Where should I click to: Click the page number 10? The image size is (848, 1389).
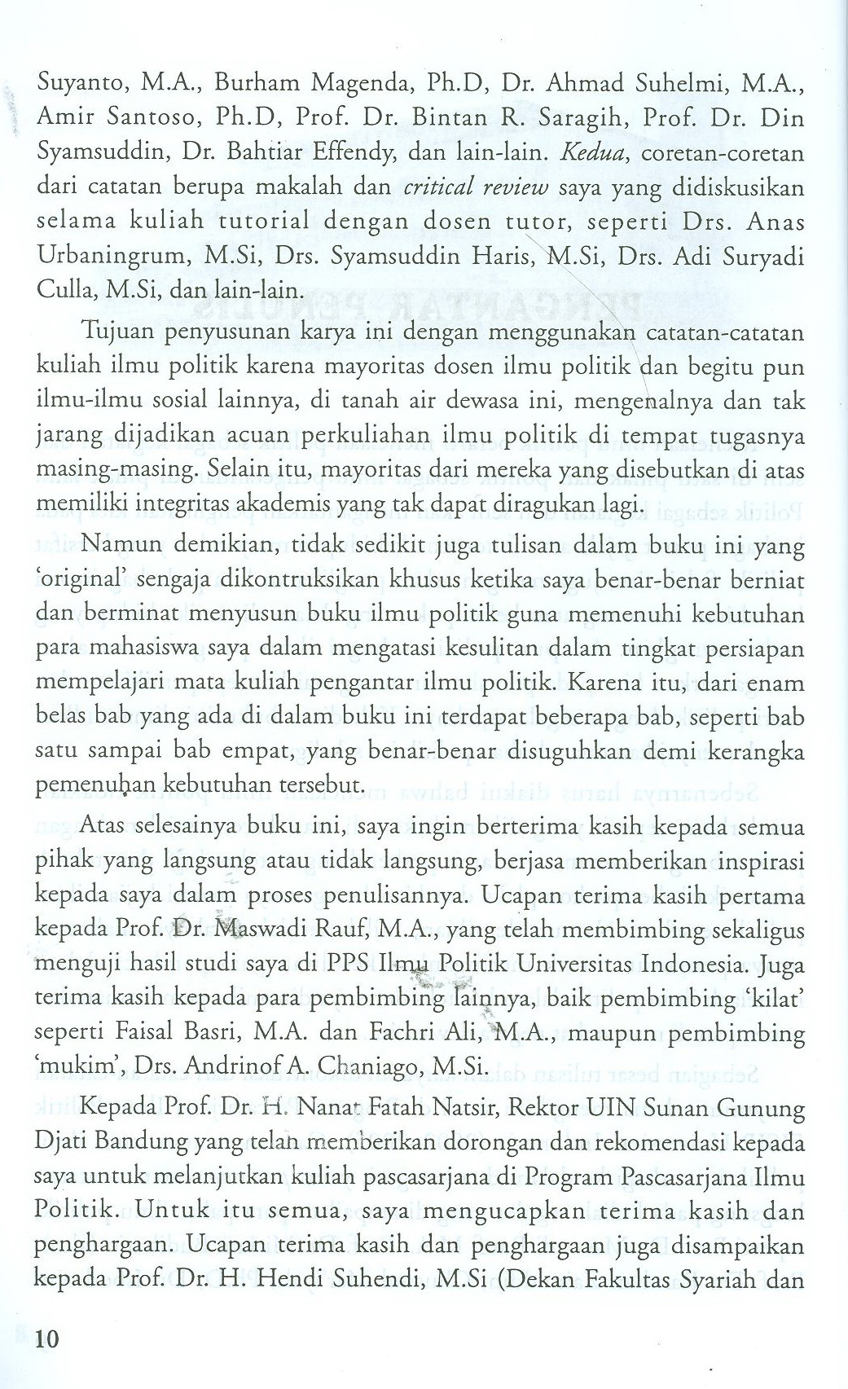[x=48, y=1339]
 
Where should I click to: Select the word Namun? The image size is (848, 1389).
[x=125, y=545]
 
